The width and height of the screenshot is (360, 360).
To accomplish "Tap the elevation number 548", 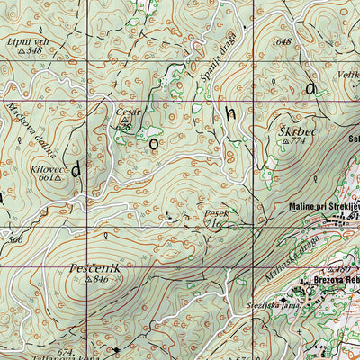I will (x=36, y=50).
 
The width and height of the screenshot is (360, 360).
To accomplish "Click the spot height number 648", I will (x=285, y=41).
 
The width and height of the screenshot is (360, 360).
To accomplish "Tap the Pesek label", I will (x=216, y=213).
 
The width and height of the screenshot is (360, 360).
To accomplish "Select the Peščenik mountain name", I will (x=93, y=268).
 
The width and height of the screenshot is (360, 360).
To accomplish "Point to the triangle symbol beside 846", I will (x=89, y=280).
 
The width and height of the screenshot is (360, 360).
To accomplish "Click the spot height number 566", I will (x=14, y=240).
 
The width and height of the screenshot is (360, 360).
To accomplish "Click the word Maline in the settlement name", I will (x=306, y=208).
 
